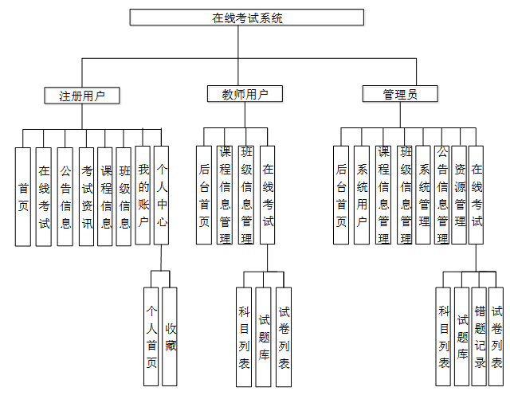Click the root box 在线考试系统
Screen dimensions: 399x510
pyautogui.click(x=247, y=18)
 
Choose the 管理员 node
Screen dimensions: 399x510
pyautogui.click(x=400, y=95)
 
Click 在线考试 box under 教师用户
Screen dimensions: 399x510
pyautogui.click(x=268, y=195)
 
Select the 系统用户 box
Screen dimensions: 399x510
pyautogui.click(x=362, y=195)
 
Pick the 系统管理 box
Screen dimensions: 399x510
pyautogui.click(x=424, y=195)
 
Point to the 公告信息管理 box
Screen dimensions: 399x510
pyautogui.click(x=442, y=195)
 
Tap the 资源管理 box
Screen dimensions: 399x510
pyautogui.click(x=460, y=195)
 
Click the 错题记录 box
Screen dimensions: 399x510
pyautogui.click(x=479, y=338)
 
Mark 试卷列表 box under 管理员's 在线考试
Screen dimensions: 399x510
pyautogui.click(x=496, y=338)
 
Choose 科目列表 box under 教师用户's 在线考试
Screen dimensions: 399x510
pyautogui.click(x=245, y=338)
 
